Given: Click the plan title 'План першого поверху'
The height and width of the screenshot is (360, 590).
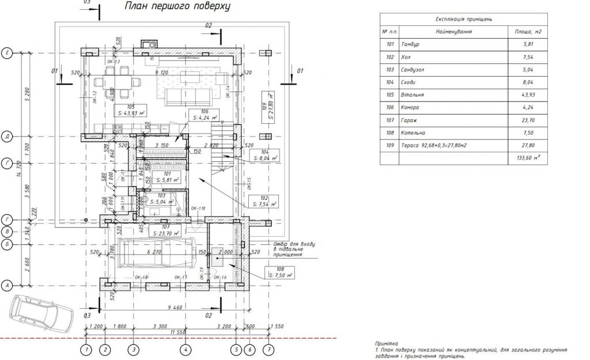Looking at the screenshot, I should point(177,7).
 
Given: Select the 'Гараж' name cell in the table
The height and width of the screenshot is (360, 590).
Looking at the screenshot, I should point(410,120).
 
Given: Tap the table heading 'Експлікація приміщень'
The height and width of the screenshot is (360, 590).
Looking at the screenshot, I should point(463,19).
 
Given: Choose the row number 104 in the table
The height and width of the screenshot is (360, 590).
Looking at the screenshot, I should point(390,82).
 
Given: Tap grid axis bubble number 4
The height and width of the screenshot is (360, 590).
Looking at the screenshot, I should point(186,349).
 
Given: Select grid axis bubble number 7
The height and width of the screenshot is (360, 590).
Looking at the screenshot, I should point(268,349).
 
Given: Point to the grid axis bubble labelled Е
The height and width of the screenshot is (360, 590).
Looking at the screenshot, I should point(7,52).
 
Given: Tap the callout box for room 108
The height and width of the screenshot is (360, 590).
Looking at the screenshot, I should point(279,272).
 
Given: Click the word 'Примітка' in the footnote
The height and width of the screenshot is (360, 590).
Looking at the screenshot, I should point(386,343).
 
